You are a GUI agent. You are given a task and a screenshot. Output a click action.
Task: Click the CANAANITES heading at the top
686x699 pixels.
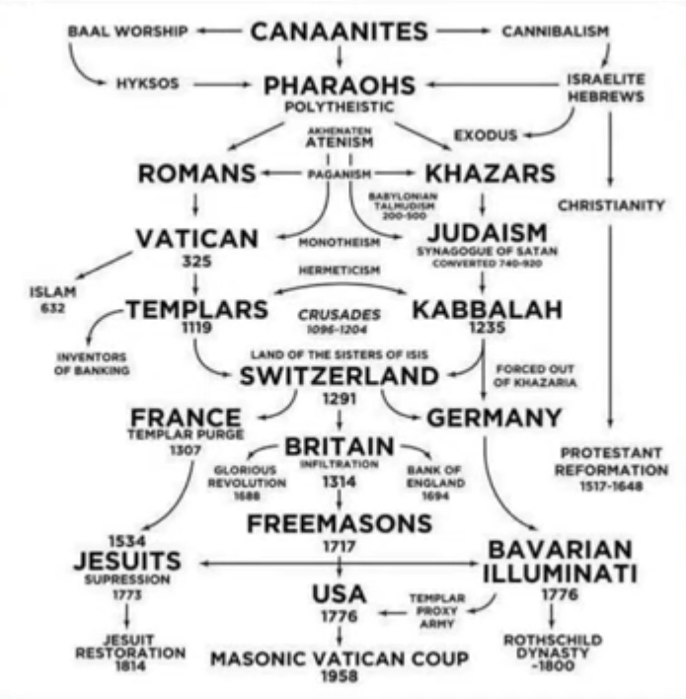[x=339, y=32]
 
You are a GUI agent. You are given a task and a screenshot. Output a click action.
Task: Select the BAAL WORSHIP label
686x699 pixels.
[x=127, y=32]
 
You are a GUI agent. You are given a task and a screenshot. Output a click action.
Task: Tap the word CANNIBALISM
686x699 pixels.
[x=555, y=32]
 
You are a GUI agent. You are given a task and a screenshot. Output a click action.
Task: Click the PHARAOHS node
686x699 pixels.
[x=340, y=86]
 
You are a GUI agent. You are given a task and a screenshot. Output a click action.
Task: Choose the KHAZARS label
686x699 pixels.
[x=490, y=174]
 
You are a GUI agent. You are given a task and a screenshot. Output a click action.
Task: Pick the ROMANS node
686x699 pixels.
[x=197, y=175]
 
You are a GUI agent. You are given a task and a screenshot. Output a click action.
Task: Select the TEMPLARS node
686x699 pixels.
[x=196, y=310]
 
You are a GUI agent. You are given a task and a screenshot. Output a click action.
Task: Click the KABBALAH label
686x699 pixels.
[x=487, y=310]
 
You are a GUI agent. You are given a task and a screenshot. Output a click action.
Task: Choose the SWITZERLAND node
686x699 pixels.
[x=339, y=376]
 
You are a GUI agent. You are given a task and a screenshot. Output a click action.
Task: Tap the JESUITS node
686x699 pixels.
[x=127, y=561]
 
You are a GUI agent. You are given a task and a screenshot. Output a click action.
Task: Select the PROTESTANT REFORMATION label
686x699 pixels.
[x=611, y=469]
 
